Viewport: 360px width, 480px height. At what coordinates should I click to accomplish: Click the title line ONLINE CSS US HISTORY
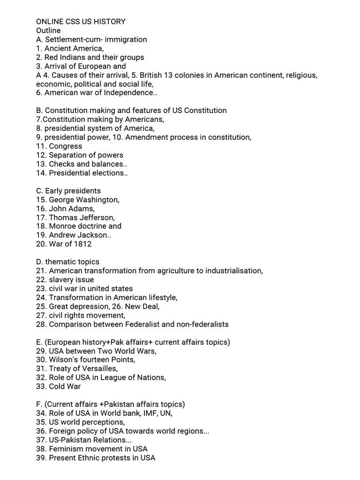pos(81,22)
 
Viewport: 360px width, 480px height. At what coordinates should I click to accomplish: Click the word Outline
pos(48,30)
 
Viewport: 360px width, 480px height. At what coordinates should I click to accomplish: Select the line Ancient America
pos(70,48)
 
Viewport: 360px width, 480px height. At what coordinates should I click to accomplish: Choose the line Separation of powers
pos(80,155)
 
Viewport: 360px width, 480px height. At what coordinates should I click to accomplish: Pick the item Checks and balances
pos(82,164)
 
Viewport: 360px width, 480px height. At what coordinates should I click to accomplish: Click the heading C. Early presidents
pos(68,191)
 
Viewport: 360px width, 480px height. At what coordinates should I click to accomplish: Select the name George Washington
pos(84,200)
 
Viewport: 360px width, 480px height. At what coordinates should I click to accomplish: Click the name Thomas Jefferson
pos(82,217)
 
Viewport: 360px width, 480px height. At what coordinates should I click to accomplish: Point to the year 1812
pos(82,244)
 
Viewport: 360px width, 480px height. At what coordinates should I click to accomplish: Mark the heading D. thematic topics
pos(68,262)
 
